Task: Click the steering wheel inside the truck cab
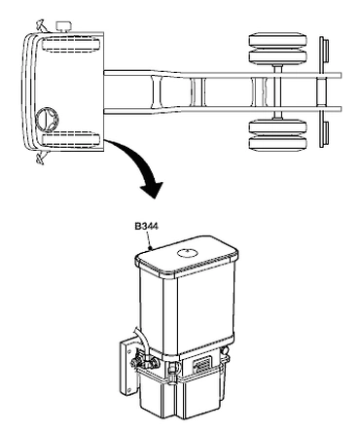47,120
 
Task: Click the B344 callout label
147,226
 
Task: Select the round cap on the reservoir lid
188,252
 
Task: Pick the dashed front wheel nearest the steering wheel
71,139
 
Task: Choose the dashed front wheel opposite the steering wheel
71,45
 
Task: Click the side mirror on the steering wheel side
41,158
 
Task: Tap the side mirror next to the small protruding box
41,25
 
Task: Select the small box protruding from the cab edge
63,26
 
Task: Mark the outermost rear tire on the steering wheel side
277,144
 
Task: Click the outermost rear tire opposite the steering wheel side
277,40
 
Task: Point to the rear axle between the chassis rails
277,92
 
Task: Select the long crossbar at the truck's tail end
322,92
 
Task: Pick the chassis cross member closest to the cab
156,92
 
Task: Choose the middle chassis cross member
198,92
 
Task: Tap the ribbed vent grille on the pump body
202,367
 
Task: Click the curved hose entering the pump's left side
141,341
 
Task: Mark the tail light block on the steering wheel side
326,133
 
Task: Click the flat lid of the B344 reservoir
187,256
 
